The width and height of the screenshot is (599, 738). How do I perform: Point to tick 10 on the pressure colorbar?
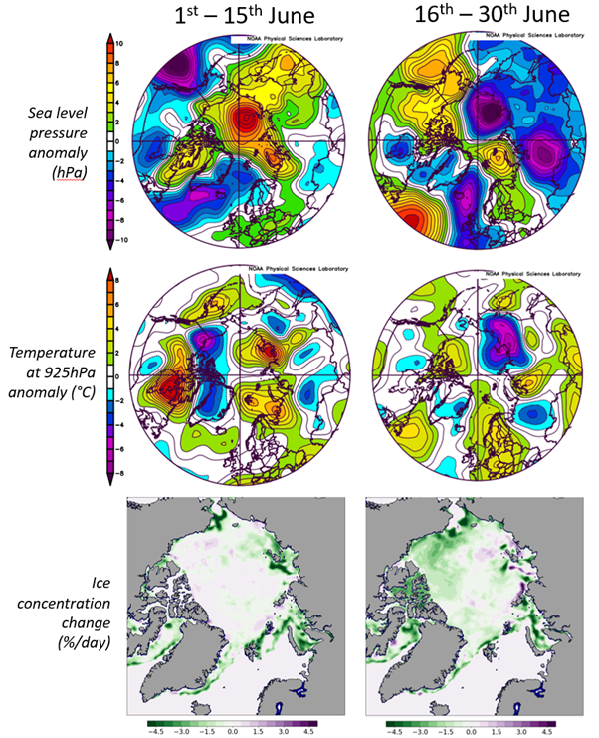click(x=118, y=44)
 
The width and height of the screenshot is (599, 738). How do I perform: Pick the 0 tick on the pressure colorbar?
click(x=116, y=142)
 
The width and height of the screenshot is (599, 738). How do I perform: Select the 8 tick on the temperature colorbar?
click(x=118, y=282)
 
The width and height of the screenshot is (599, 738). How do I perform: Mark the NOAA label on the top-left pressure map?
click(x=288, y=38)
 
